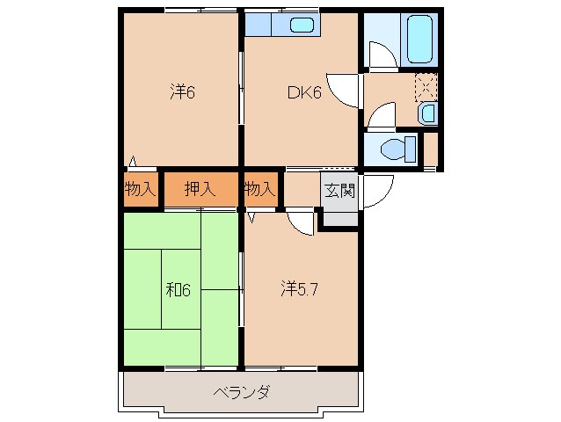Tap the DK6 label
pos(302,91)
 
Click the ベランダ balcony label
pos(240,392)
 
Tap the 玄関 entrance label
pos(339,190)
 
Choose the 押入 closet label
pos(200,188)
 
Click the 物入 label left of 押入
pos(140,188)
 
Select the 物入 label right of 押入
pos(259,188)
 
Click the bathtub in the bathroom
pos(419,40)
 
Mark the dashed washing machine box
pos(426,86)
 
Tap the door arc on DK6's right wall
pos(348,89)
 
